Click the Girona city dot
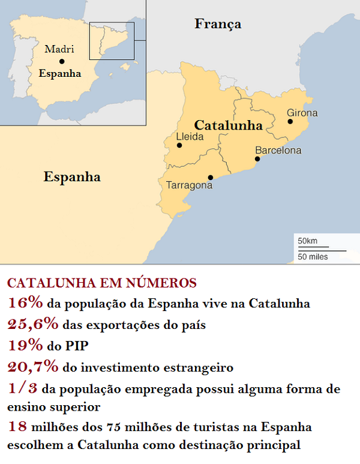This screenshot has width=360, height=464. click(x=290, y=121)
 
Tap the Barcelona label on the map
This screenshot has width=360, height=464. click(x=278, y=151)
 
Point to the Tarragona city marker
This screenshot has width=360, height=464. click(x=210, y=177)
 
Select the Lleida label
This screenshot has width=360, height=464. click(x=190, y=136)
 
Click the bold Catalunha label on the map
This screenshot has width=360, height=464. click(x=229, y=125)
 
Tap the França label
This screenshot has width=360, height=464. click(x=218, y=24)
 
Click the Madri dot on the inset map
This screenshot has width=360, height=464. click(x=62, y=61)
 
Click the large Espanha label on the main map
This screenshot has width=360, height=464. click(x=72, y=176)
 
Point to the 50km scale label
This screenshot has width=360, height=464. click(x=307, y=241)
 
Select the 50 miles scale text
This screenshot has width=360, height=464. click(x=312, y=257)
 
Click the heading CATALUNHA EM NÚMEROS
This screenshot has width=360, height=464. click(x=101, y=283)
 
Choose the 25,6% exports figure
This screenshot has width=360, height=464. click(x=33, y=324)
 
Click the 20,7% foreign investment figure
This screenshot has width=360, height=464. click(x=33, y=366)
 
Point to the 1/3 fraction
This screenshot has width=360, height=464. click(x=23, y=388)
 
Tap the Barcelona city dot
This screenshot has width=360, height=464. click(x=257, y=159)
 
